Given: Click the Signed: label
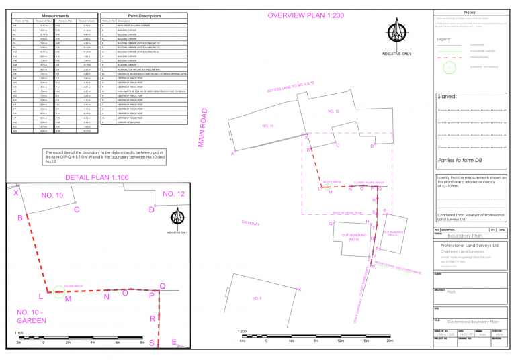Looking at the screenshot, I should [447, 97].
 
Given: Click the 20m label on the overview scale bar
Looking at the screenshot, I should [390, 340].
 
